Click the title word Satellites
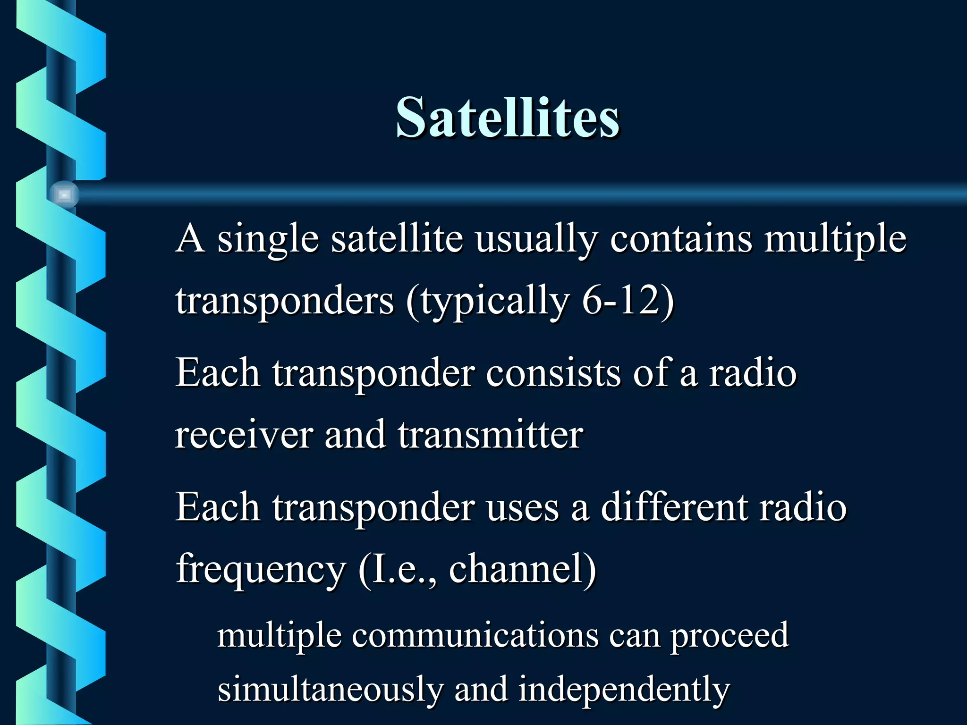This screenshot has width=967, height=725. click(508, 117)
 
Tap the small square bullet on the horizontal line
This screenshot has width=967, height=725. click(64, 194)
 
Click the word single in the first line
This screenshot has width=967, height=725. click(268, 239)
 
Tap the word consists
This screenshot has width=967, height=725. click(553, 373)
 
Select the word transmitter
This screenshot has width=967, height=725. click(490, 434)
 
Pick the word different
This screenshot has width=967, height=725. click(674, 507)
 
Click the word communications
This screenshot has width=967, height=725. click(475, 635)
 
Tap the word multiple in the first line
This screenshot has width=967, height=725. click(835, 239)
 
